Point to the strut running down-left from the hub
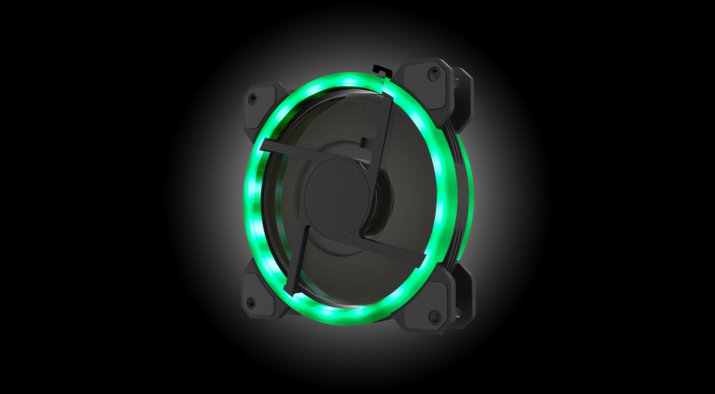click(298, 261)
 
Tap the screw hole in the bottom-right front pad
click(434, 316)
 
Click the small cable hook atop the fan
click(378, 70)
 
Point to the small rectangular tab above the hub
click(363, 141)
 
